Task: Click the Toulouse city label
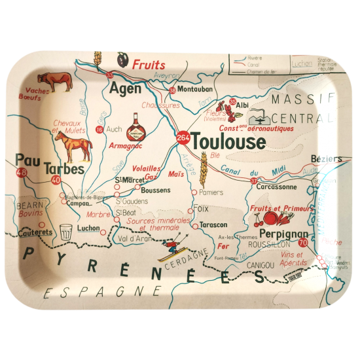228,142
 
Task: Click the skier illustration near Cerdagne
175,248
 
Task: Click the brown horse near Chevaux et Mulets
77,148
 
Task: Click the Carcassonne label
280,186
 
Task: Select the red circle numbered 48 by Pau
22,173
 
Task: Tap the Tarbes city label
64,169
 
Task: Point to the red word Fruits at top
149,65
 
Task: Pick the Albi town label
242,105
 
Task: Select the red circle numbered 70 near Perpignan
302,243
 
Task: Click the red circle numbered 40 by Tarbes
55,180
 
